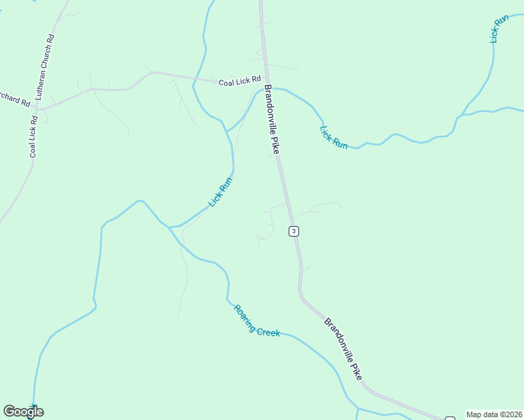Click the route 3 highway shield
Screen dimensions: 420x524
click(294, 231)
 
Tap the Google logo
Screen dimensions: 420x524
click(23, 412)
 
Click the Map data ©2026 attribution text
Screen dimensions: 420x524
click(494, 414)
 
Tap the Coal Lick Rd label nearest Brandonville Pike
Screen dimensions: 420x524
click(240, 82)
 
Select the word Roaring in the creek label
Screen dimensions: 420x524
click(245, 317)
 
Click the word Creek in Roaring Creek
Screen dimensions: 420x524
click(269, 332)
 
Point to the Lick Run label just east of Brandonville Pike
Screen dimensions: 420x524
click(333, 136)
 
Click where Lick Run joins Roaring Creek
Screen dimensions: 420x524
click(170, 227)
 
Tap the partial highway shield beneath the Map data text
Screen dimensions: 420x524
click(450, 419)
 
